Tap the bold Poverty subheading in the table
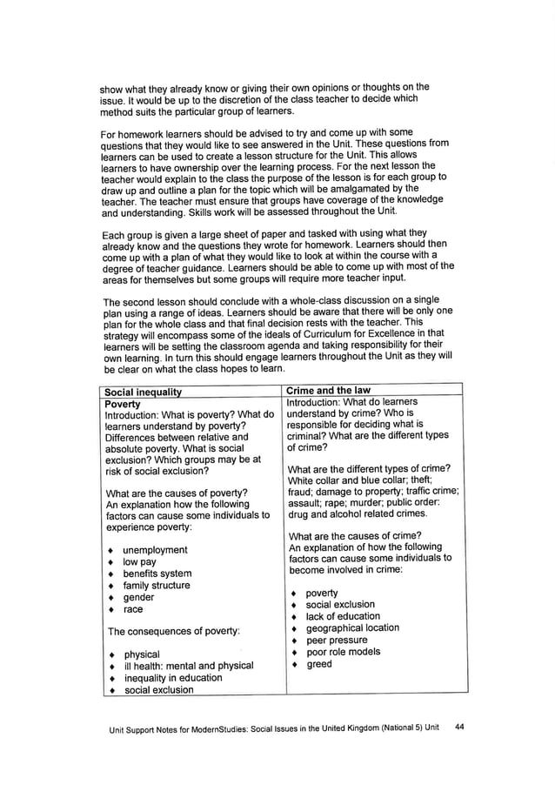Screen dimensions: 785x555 point(123,404)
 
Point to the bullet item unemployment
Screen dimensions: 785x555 point(155,550)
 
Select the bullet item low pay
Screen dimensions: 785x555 point(141,562)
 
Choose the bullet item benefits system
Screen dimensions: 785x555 point(157,574)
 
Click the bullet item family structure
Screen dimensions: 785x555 point(156,586)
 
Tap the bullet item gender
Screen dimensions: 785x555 point(138,598)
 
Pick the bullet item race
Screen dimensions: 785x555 point(133,610)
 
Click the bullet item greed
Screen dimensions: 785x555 point(319,664)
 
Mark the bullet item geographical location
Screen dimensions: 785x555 point(352,627)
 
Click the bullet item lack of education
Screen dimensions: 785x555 point(343,616)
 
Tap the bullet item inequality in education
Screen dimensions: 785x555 point(173,678)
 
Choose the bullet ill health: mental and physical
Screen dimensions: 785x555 point(189,666)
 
